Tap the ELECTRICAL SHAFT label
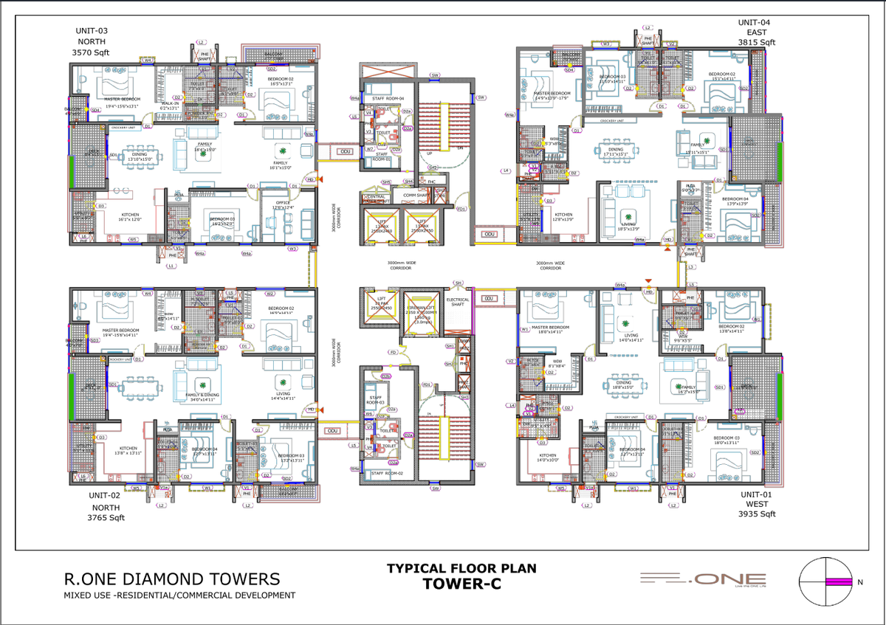point(458,301)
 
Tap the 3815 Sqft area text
point(758,43)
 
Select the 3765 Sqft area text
point(106,518)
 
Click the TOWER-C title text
point(461,584)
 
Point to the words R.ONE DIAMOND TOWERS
point(171,579)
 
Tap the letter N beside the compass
point(859,582)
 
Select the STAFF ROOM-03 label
point(375,399)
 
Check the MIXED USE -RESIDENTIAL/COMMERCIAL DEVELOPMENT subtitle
point(179,595)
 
